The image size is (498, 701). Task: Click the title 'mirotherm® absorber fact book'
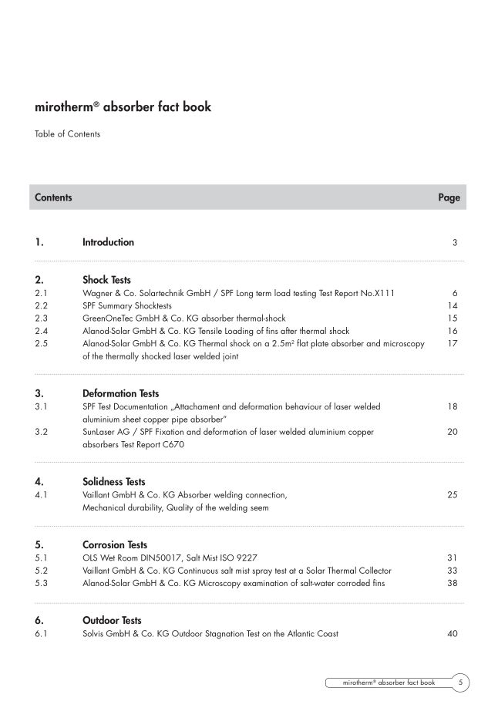[123, 107]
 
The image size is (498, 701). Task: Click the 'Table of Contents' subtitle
[67, 134]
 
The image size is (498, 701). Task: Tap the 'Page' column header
[449, 197]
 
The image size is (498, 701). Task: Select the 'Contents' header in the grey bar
[53, 197]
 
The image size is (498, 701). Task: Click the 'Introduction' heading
[108, 242]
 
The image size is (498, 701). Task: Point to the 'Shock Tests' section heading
[106, 281]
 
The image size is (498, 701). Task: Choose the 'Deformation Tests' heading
[120, 394]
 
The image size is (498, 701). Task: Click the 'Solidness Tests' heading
[113, 482]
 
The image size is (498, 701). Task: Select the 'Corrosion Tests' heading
[114, 545]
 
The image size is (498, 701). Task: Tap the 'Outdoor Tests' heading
[112, 621]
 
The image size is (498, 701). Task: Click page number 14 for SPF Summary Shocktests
[453, 306]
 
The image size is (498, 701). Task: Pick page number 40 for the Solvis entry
[453, 634]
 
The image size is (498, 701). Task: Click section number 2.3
[42, 318]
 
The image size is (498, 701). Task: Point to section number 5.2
[42, 571]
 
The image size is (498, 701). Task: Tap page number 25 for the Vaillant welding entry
[453, 495]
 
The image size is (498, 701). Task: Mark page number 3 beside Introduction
[455, 243]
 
